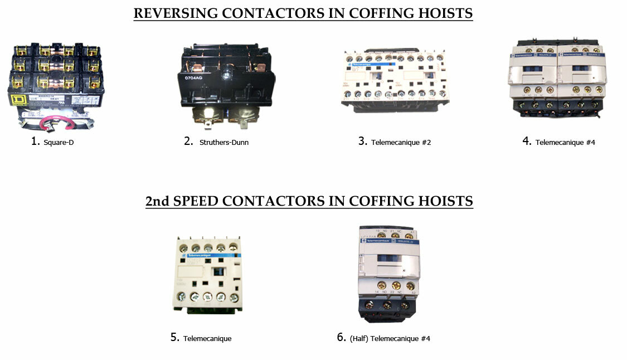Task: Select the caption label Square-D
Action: pos(58,142)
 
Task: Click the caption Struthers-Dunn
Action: pos(223,142)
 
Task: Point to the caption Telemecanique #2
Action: pos(401,142)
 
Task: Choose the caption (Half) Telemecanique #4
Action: pos(390,338)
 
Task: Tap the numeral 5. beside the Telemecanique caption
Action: pos(175,337)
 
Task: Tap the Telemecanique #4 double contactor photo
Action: pos(557,79)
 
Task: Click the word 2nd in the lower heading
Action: pos(158,201)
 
